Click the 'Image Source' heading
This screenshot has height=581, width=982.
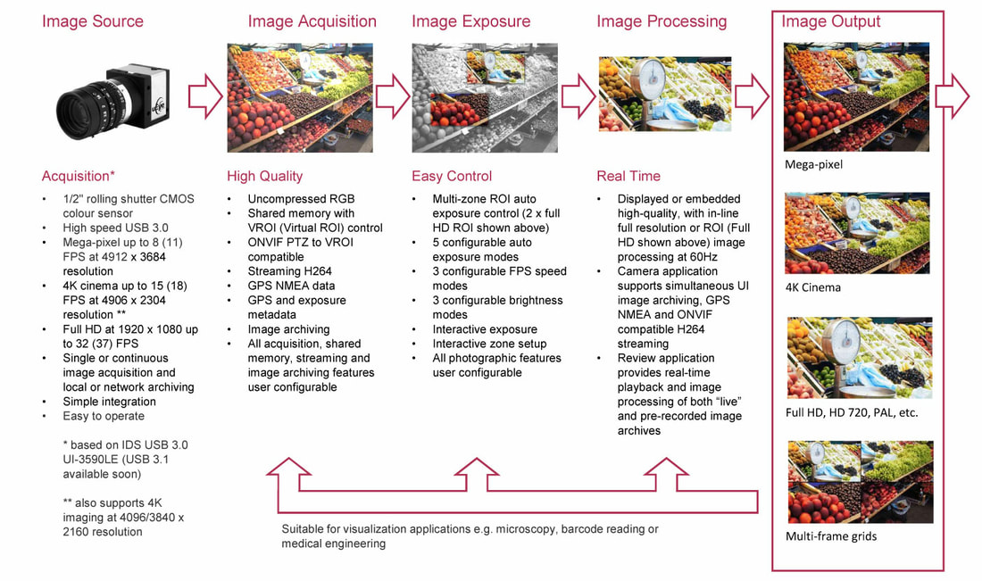point(93,21)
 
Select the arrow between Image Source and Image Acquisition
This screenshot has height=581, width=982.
point(205,95)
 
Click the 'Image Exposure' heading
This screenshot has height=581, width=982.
point(471,21)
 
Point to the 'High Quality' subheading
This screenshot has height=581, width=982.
point(264,176)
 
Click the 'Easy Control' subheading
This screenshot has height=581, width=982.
point(452,176)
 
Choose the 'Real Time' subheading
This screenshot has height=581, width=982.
point(628,176)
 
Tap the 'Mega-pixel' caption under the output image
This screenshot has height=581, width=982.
point(813,164)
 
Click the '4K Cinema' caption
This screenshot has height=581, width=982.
point(813,288)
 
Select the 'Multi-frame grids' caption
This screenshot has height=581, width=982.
point(831,536)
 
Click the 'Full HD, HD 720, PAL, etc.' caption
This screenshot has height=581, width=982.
point(852,413)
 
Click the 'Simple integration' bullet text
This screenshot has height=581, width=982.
point(109,402)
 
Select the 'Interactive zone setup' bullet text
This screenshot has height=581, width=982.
point(489,344)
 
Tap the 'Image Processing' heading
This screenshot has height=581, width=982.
point(662,21)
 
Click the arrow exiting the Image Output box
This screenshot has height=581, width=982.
point(952,95)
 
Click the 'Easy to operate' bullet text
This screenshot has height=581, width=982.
point(104,417)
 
